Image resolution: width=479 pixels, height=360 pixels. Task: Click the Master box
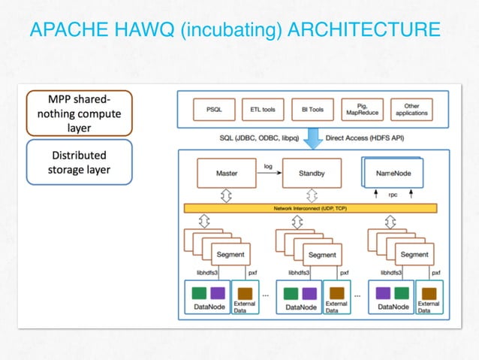pos(226,173)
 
